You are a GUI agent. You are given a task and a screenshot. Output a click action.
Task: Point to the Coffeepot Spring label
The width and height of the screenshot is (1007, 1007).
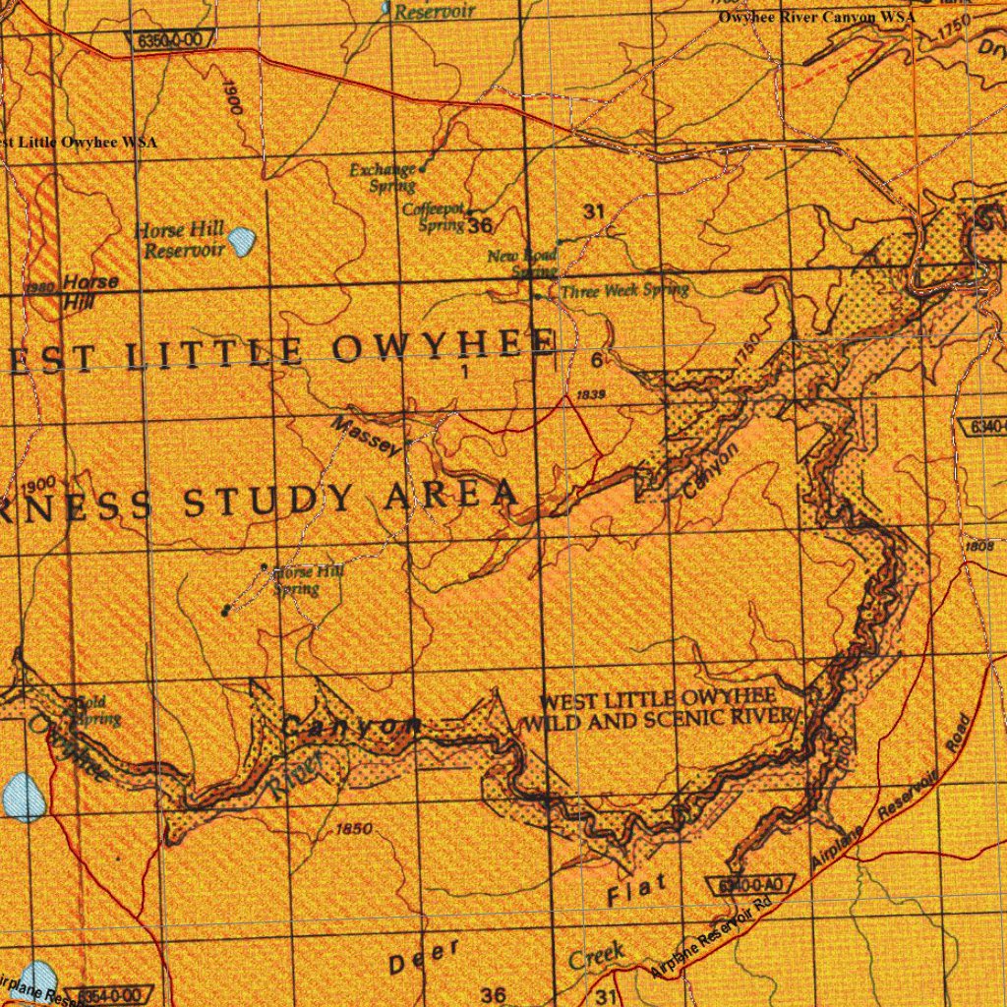pyautogui.click(x=434, y=216)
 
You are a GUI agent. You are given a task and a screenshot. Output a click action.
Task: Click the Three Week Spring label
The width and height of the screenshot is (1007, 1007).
pyautogui.click(x=623, y=290)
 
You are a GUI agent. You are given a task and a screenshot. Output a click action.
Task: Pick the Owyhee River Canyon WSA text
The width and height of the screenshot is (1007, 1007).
pyautogui.click(x=816, y=17)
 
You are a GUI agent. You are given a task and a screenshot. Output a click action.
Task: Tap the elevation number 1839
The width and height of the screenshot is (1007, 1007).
pyautogui.click(x=592, y=394)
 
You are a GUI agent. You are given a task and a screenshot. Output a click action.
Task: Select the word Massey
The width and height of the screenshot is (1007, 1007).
pyautogui.click(x=367, y=437)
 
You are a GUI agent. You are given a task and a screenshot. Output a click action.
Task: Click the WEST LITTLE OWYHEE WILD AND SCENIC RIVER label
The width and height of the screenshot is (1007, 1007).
pyautogui.click(x=661, y=709)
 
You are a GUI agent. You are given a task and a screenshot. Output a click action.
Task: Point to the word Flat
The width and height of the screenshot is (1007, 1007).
pyautogui.click(x=637, y=890)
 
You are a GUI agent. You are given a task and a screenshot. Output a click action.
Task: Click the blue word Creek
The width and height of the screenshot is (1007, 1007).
pyautogui.click(x=596, y=954)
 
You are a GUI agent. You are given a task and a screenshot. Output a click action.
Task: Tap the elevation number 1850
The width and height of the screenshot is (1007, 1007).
pyautogui.click(x=353, y=829)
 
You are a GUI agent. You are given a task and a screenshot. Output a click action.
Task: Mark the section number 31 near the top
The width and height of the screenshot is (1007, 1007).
pyautogui.click(x=593, y=211)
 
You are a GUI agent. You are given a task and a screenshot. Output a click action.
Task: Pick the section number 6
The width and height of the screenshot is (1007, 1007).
pyautogui.click(x=597, y=361)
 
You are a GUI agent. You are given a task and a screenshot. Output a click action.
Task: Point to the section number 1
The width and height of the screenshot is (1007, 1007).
pyautogui.click(x=462, y=372)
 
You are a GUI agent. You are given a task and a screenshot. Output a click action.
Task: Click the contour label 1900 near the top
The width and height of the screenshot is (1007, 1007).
pyautogui.click(x=233, y=99)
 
